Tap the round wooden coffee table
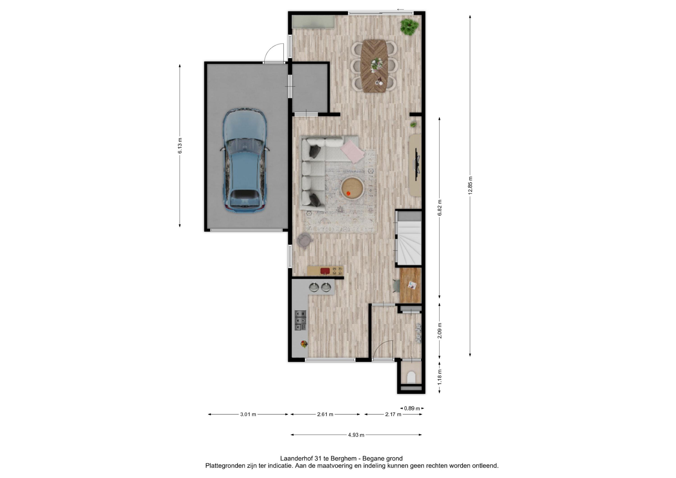point(352,188)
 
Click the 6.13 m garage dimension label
point(180,146)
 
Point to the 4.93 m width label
point(356,435)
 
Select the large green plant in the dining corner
point(409,27)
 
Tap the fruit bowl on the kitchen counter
point(304,344)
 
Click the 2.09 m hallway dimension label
point(440,331)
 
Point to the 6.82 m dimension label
point(440,208)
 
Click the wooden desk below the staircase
point(411,285)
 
